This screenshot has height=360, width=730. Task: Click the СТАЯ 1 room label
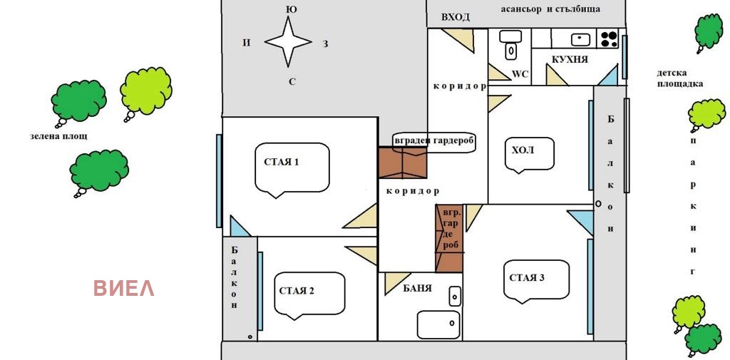[281, 163]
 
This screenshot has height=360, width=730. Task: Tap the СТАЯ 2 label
[297, 291]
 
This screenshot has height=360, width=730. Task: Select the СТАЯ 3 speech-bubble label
[527, 278]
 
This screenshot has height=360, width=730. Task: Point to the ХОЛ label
[523, 150]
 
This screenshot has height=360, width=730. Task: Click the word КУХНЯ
[570, 60]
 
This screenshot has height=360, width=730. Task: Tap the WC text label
[520, 75]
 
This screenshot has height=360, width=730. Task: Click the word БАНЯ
[417, 288]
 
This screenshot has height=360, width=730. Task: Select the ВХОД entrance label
[456, 18]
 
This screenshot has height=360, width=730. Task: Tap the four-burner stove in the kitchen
[609, 38]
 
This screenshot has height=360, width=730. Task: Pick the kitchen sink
[580, 39]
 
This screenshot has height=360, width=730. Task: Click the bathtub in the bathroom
[438, 324]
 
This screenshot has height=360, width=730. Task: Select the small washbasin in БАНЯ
[455, 296]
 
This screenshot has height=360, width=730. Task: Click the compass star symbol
[288, 41]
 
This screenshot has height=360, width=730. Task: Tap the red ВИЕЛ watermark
[124, 288]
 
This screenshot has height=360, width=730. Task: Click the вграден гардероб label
[433, 141]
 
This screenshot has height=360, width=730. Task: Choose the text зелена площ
[58, 136]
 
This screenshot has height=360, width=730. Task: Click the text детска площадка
[679, 78]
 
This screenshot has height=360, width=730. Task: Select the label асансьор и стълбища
[550, 9]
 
